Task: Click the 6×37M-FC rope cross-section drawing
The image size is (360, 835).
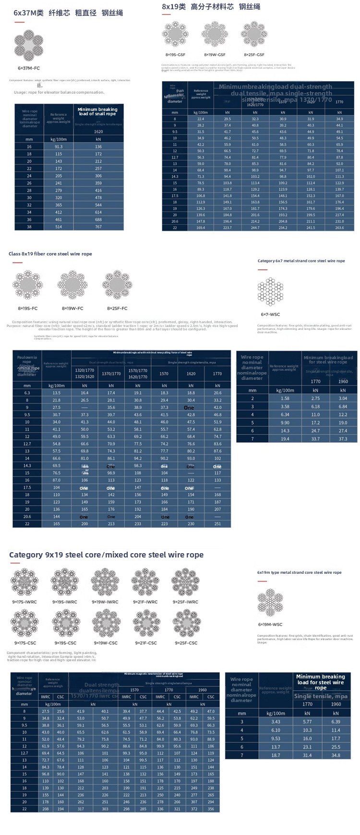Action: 29,46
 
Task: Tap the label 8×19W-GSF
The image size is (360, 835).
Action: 215,55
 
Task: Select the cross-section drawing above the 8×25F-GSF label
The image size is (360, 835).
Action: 254,34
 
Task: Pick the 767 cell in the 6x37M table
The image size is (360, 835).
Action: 98,227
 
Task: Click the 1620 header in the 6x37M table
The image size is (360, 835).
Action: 98,131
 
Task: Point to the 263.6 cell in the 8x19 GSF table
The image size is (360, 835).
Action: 339,228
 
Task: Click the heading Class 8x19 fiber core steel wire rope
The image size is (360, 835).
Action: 50,254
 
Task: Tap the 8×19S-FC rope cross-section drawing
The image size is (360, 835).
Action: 28,285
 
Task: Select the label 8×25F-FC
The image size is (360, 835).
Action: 117,308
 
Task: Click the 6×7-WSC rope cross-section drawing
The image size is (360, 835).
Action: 270,291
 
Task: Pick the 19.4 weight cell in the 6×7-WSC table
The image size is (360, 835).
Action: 285,438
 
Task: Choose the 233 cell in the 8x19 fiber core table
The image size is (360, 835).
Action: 138,524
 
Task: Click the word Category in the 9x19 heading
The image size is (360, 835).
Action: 26,555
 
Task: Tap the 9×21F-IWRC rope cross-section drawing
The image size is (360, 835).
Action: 145,582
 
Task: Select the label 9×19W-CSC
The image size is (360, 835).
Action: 106,643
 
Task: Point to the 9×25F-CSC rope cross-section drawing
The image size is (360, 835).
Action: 186,623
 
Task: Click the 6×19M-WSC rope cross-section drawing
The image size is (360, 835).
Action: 270,602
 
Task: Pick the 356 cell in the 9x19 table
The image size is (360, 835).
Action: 211,809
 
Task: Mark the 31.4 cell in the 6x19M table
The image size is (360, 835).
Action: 307,755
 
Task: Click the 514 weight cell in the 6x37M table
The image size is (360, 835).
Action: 59,227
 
